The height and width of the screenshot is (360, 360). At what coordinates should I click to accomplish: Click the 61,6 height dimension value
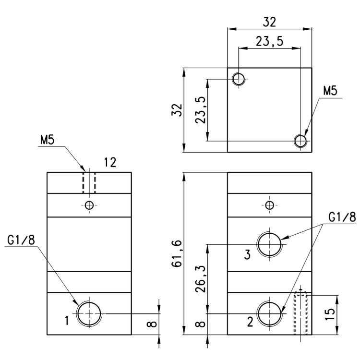click(x=177, y=253)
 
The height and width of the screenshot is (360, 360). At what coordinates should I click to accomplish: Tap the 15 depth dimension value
click(x=330, y=314)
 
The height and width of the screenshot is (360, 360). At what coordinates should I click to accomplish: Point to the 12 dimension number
click(x=110, y=162)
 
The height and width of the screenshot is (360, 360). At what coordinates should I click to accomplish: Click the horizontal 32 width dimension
click(x=269, y=22)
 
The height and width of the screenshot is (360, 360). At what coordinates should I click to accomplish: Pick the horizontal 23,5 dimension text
click(x=270, y=42)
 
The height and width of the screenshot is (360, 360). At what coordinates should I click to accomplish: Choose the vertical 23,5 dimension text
click(x=201, y=110)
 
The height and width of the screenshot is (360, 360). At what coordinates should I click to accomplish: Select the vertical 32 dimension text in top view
click(x=177, y=110)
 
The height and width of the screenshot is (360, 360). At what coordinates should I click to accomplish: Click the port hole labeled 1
click(x=89, y=313)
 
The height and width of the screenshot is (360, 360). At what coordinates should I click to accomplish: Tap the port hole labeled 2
click(x=270, y=313)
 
